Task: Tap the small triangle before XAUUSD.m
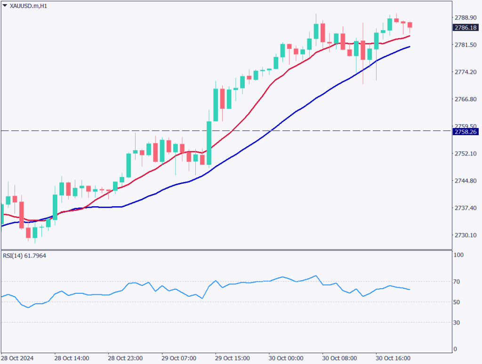5,6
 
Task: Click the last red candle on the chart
410,25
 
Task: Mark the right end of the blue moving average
410,47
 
